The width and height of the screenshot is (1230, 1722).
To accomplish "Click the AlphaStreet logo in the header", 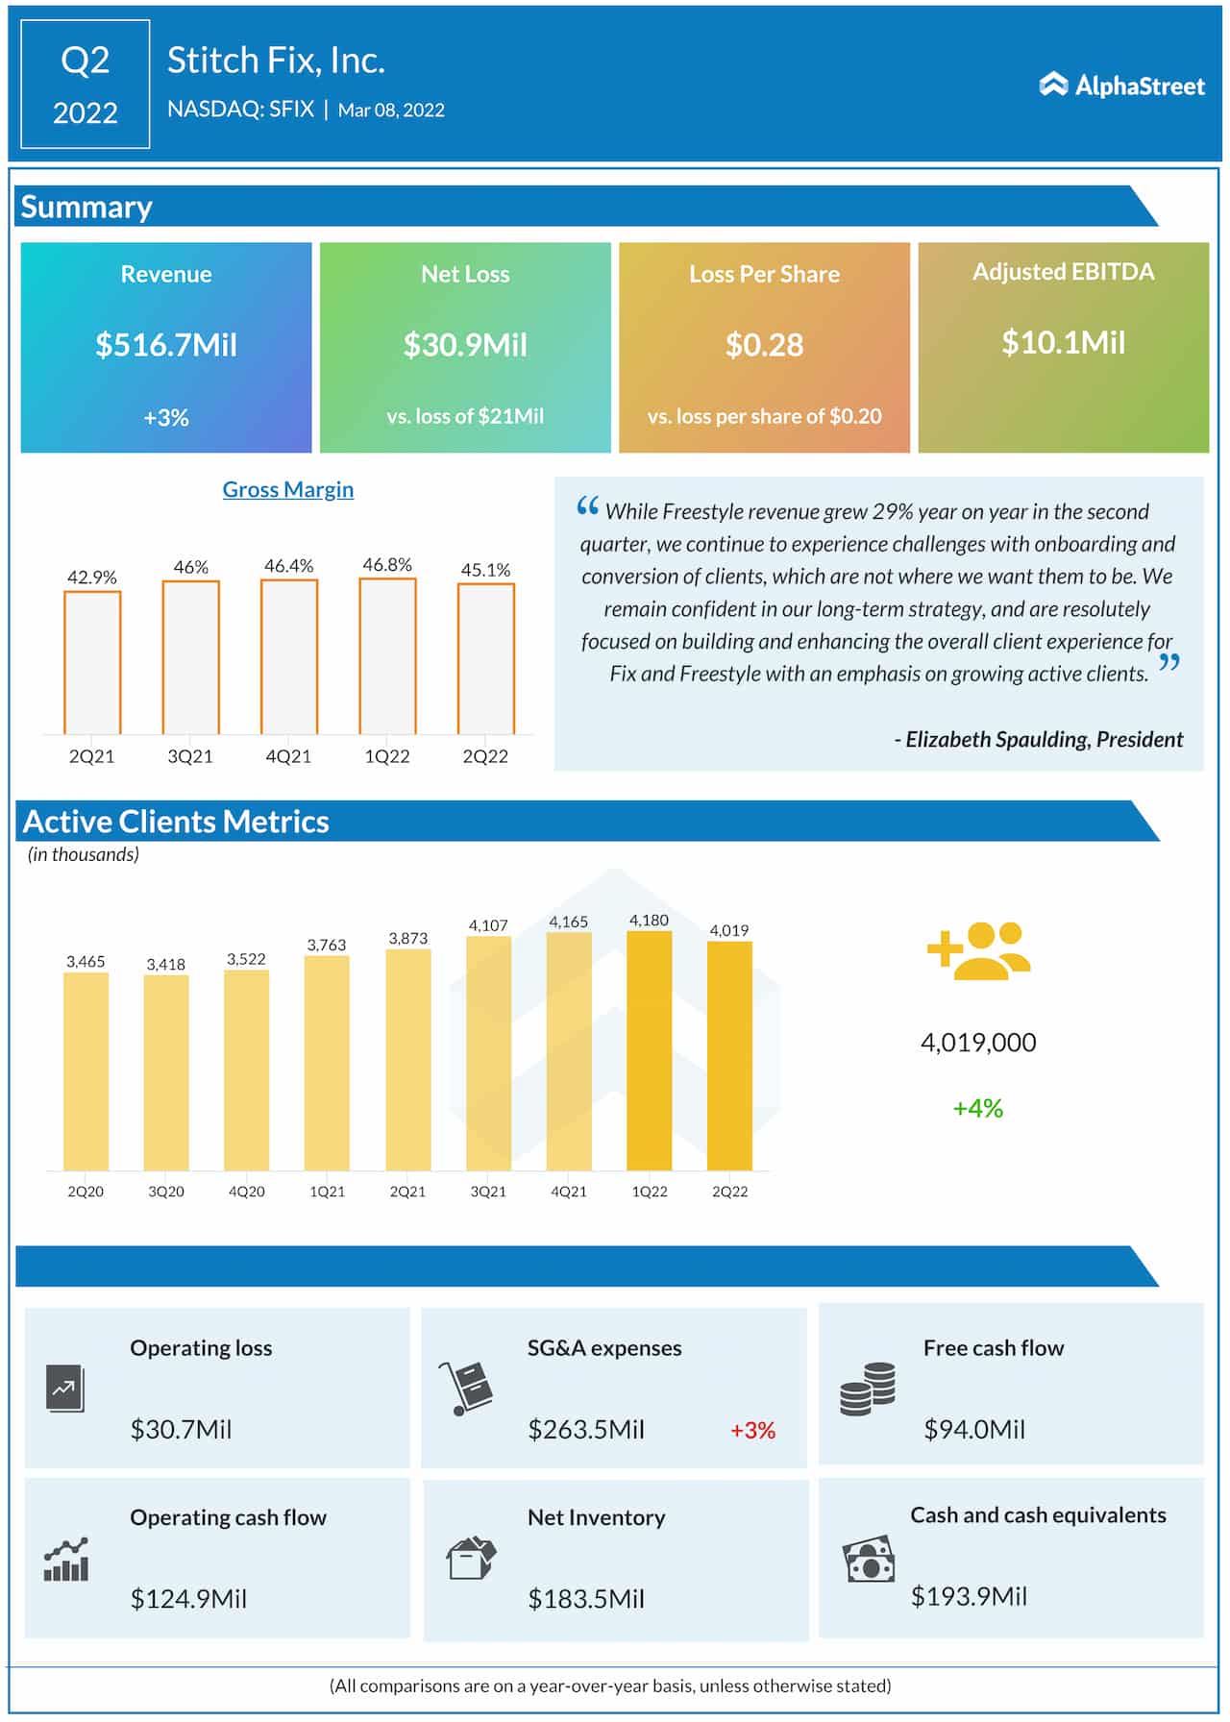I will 1120,86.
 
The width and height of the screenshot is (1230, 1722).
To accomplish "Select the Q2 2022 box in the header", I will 85,85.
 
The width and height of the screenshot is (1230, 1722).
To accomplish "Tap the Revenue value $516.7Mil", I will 165,344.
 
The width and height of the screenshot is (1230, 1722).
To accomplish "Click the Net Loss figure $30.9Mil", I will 465,344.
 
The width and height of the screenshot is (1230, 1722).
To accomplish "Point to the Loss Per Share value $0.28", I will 764,344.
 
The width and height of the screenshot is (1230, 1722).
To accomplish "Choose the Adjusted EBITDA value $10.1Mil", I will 1063,342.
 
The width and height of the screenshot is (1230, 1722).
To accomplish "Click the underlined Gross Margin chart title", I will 288,489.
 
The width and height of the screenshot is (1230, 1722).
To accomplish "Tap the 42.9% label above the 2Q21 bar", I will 92,577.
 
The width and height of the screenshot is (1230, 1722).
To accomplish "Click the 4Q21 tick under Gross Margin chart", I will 288,756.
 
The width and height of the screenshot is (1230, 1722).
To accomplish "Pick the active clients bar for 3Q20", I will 166,1072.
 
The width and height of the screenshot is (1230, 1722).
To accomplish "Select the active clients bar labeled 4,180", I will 649,1050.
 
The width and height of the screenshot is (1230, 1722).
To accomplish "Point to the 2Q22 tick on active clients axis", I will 729,1192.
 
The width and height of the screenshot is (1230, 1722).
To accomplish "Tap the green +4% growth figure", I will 977,1108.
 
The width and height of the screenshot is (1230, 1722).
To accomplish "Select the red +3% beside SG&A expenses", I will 752,1430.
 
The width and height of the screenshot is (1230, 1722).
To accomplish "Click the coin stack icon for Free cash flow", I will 868,1389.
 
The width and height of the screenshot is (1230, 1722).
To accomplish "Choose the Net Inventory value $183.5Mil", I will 586,1599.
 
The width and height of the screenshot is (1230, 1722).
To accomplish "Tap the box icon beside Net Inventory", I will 471,1558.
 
